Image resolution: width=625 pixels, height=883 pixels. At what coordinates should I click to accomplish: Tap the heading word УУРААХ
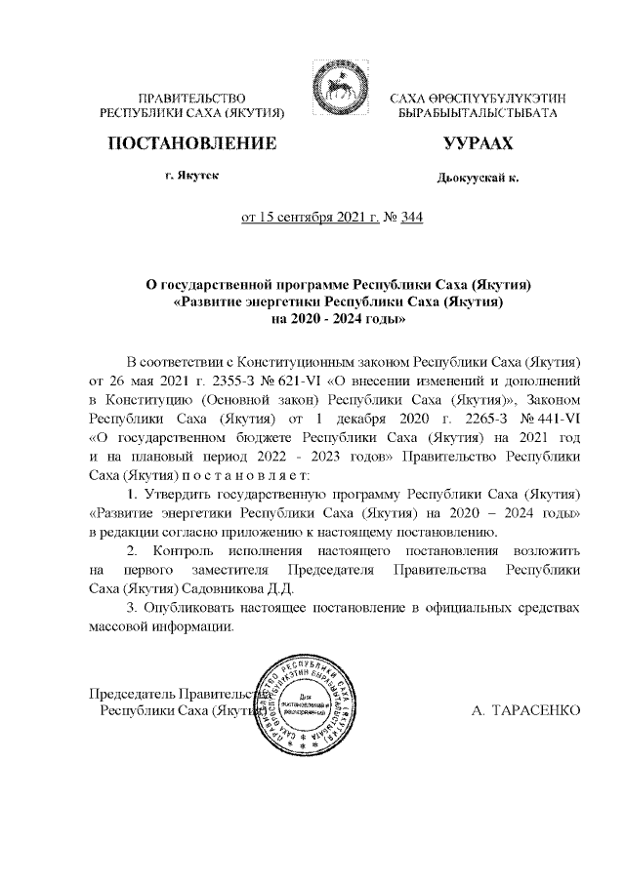[x=477, y=146]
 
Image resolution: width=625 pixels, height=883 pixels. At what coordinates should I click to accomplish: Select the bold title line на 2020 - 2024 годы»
[x=337, y=318]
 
